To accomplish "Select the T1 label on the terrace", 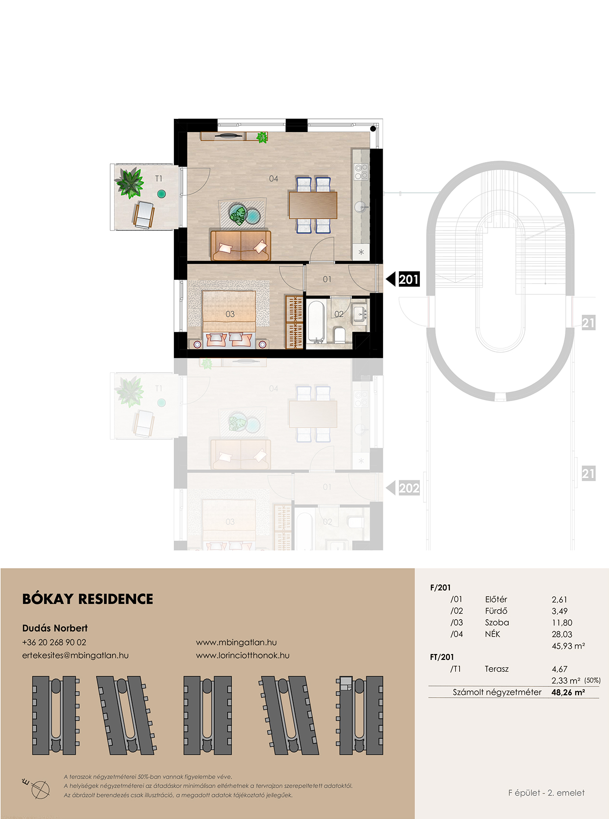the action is tap(159, 179).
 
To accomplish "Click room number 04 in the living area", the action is tap(273, 179).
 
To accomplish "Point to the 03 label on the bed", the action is tap(230, 314).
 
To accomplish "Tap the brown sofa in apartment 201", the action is tap(241, 246).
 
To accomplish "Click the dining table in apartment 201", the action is tap(313, 205).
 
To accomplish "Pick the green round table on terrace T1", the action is tap(161, 193).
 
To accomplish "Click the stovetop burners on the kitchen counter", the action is tap(361, 172).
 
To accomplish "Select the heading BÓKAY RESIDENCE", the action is tap(87, 599).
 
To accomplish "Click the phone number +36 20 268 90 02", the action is tap(54, 642).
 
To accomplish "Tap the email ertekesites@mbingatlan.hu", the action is tap(75, 655).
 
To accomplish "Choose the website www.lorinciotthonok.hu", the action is tap(243, 655).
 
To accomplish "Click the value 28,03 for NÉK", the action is tap(562, 634).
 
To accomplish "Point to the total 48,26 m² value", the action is tap(568, 692).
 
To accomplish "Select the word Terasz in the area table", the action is tap(497, 669).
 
